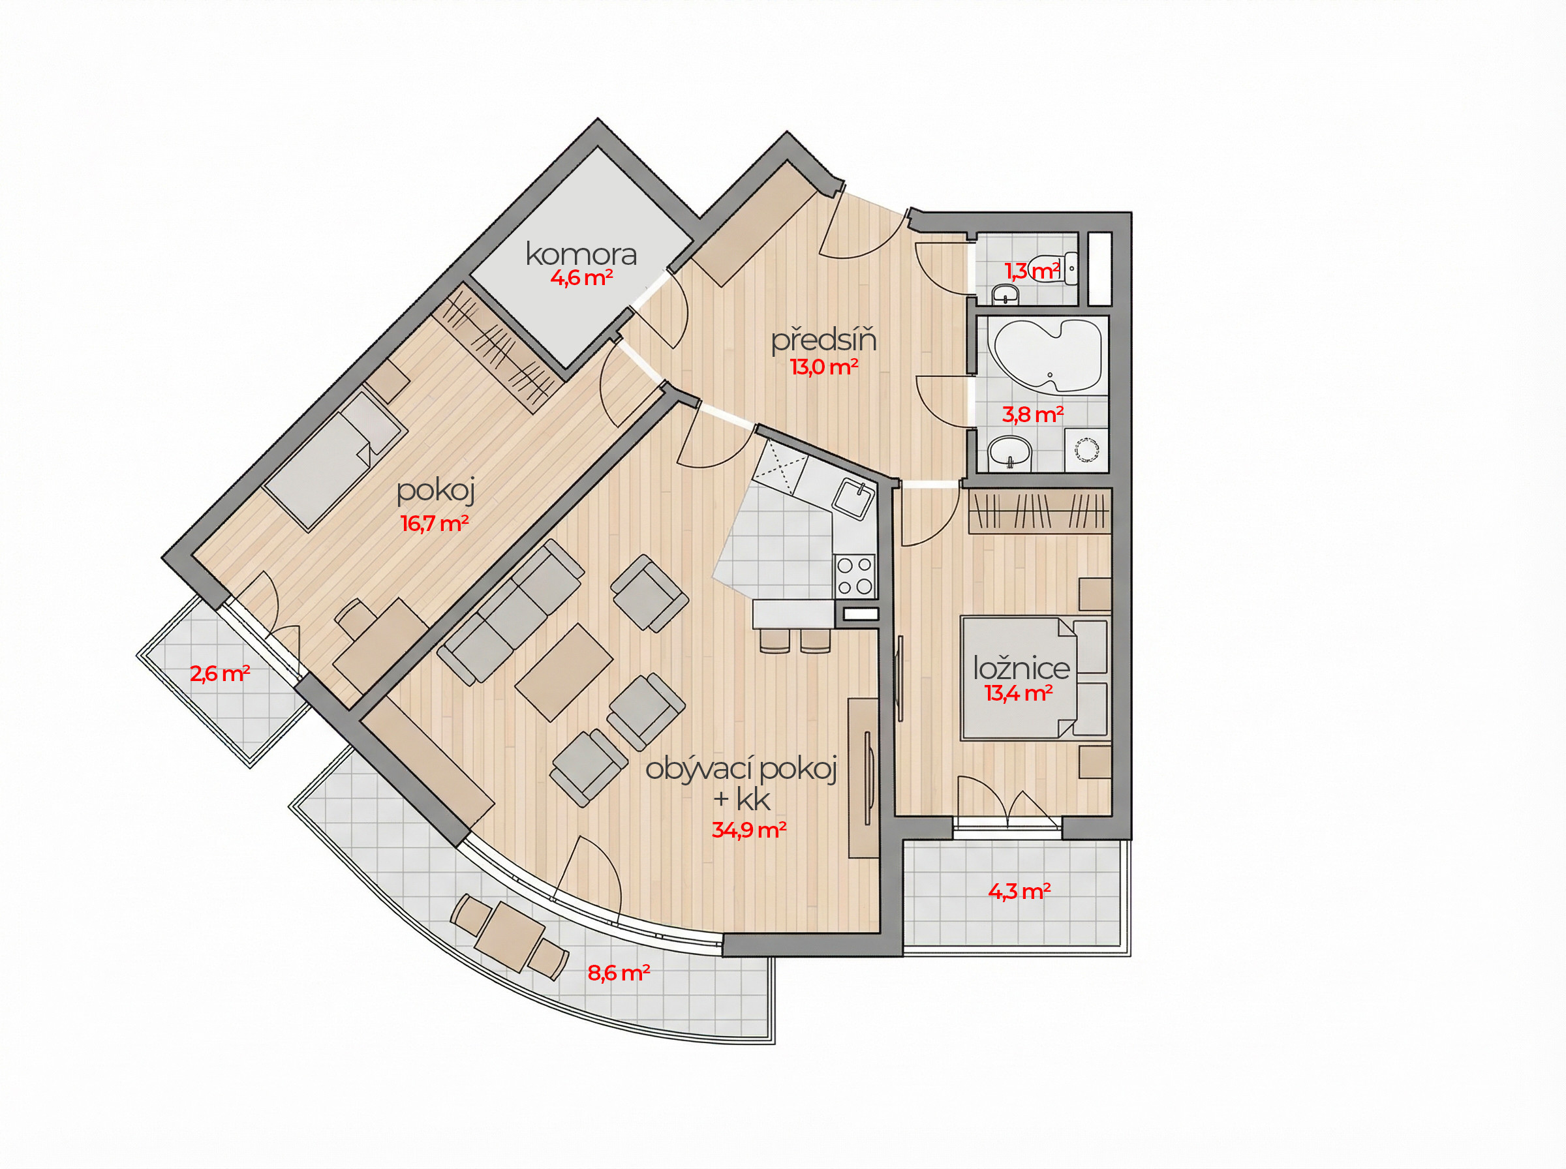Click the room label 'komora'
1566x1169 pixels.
pos(581,254)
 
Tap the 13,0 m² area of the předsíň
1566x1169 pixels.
pos(824,367)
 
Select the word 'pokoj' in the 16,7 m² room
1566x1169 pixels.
pos(435,491)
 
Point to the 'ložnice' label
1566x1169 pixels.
pos(1021,668)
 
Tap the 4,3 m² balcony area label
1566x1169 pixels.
pos(1019,891)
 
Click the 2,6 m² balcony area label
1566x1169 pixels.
pos(219,673)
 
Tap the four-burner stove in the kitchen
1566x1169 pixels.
pos(855,577)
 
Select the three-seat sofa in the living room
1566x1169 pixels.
pos(511,611)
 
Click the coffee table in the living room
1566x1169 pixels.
pos(564,671)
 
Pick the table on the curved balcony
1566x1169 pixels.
pos(510,936)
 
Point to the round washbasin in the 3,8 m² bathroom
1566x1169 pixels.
pos(1010,452)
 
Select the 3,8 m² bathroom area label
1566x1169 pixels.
pos(1032,415)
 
